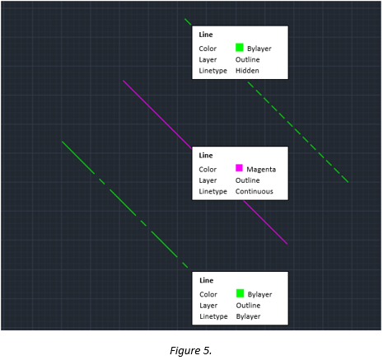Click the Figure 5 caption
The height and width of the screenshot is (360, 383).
(190, 350)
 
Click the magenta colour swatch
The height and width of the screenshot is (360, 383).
(240, 168)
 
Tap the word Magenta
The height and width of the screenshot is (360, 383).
(261, 169)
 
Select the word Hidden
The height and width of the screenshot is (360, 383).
(247, 71)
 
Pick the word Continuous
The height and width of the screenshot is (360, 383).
(255, 191)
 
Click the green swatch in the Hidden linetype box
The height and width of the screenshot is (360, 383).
(240, 48)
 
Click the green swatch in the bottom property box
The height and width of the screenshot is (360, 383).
(240, 293)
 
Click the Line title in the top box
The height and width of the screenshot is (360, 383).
(206, 35)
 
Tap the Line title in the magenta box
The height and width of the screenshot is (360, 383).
(206, 156)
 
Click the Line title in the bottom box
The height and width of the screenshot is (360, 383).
(206, 281)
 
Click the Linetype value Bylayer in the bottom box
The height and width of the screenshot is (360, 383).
(248, 316)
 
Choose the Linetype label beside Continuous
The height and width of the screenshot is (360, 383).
(213, 191)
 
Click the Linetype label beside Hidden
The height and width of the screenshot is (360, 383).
(213, 71)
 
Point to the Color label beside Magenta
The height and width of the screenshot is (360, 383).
(208, 169)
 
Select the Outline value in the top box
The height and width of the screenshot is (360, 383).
(248, 59)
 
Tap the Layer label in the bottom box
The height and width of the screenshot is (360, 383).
(208, 306)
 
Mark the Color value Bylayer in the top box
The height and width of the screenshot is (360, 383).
(259, 49)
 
